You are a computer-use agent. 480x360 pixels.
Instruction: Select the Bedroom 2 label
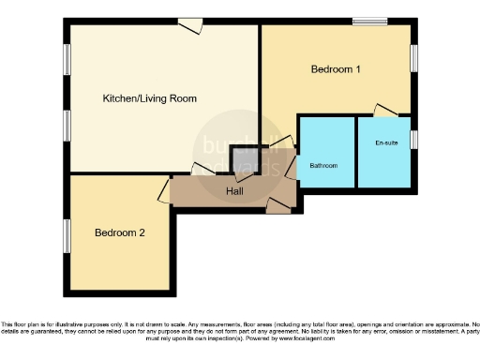coord(119,234)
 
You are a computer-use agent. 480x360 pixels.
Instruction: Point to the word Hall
coord(236,191)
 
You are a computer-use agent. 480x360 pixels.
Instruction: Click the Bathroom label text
coord(323,166)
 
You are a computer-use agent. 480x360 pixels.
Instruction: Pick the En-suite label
coord(384,143)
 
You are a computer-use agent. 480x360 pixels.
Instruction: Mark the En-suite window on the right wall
coord(413,140)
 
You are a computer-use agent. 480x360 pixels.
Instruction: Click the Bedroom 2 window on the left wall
coord(67,234)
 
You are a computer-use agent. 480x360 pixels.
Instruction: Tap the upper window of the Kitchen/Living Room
coord(67,60)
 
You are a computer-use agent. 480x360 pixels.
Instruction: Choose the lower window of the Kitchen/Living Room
coord(67,124)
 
